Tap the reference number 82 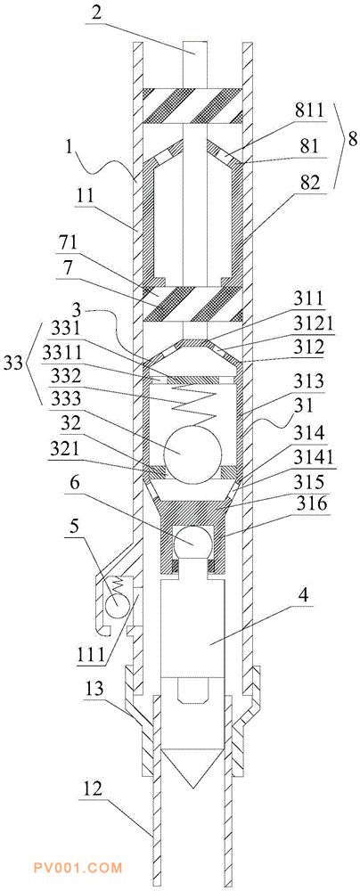point(312,183)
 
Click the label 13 point(94,690)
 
